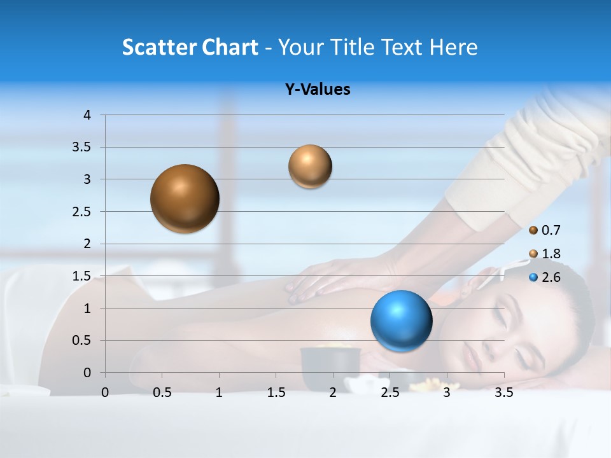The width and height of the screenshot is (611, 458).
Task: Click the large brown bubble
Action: pyautogui.click(x=185, y=198)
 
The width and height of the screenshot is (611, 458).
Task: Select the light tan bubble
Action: pyautogui.click(x=310, y=167)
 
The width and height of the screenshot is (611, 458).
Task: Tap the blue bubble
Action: pyautogui.click(x=401, y=321)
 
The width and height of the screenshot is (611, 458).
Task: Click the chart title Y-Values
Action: pyautogui.click(x=317, y=90)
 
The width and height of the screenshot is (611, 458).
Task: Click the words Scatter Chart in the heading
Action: pyautogui.click(x=190, y=47)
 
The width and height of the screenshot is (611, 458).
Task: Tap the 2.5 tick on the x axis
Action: pyautogui.click(x=390, y=392)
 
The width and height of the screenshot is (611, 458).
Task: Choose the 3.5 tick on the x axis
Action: pyautogui.click(x=503, y=392)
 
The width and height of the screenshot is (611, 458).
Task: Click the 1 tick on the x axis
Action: pyautogui.click(x=219, y=392)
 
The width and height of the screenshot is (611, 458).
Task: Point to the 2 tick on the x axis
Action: pyautogui.click(x=333, y=392)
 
